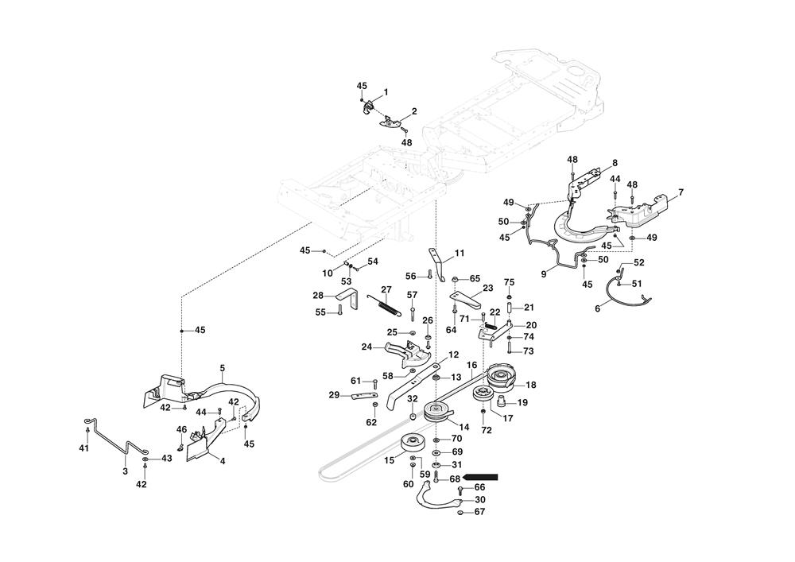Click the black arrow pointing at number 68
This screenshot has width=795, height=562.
coord(482,478)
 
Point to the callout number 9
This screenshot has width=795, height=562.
coord(544,274)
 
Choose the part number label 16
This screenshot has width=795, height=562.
coord(471,366)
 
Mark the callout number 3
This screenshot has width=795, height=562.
coord(125,471)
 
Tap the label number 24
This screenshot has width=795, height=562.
coord(367,347)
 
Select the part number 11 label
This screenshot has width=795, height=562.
coord(460,254)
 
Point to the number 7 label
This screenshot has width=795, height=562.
coord(681,192)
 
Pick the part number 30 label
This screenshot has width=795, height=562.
coord(479,499)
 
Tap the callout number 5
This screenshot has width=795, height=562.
coord(222,368)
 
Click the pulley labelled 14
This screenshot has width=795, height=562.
coord(435,412)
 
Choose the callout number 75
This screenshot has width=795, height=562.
coord(510,282)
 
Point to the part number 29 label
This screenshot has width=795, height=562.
coord(335,395)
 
